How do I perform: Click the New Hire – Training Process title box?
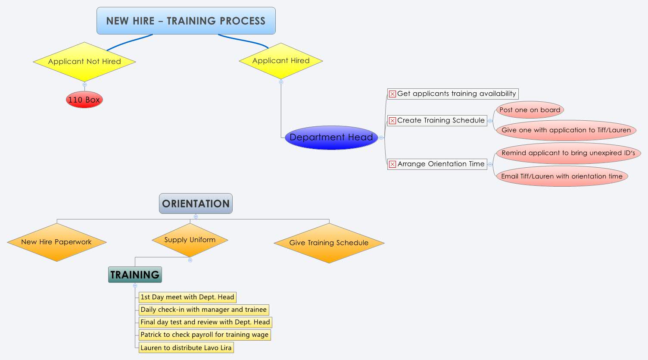click(x=186, y=21)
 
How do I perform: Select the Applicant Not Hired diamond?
click(x=84, y=61)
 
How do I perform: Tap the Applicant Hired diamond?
click(x=281, y=61)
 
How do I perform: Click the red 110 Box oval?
click(x=84, y=100)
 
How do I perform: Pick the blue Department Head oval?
click(x=331, y=138)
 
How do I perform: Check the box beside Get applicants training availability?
click(x=392, y=94)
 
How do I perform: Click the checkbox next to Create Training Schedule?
click(x=392, y=121)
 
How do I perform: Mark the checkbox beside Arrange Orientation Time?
click(x=392, y=164)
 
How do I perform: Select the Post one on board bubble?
click(x=530, y=110)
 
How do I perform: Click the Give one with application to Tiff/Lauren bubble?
click(x=566, y=130)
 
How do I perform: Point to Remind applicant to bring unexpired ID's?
click(x=568, y=153)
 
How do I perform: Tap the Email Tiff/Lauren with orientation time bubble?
click(x=561, y=176)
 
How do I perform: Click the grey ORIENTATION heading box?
click(x=196, y=203)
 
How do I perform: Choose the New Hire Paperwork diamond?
click(x=56, y=242)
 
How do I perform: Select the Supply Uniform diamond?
click(x=190, y=240)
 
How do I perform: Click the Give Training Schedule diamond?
click(x=329, y=243)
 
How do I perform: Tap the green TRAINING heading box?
click(x=135, y=275)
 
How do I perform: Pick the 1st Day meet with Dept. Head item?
click(x=187, y=297)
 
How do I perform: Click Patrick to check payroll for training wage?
click(x=205, y=335)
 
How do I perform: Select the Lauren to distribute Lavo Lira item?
click(x=186, y=348)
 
